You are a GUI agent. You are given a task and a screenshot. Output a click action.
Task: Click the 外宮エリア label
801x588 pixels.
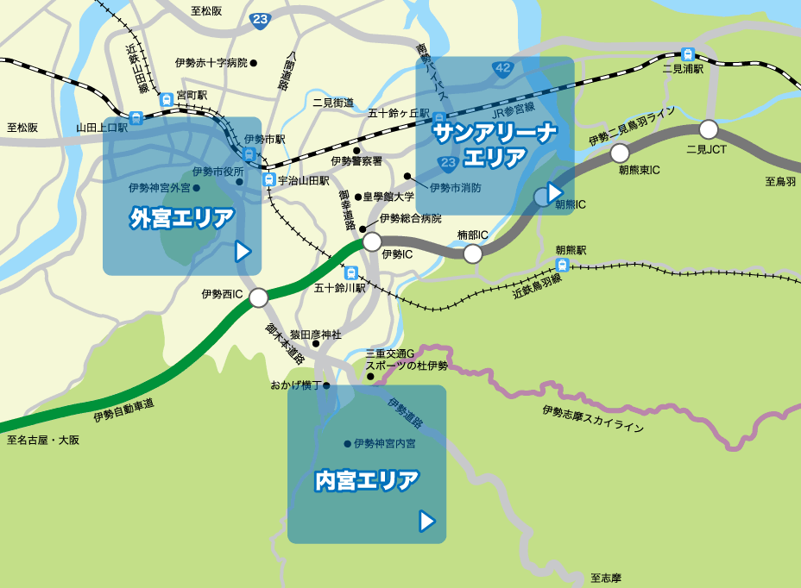click(x=182, y=218)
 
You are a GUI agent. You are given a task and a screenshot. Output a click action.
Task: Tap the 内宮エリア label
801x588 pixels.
click(x=367, y=480)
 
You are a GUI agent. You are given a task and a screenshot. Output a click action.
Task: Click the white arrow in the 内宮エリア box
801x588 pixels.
click(x=426, y=521)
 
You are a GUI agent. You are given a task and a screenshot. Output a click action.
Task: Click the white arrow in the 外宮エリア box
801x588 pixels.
click(x=243, y=251)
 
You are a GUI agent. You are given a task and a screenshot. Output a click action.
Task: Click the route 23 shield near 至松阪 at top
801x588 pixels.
click(x=260, y=20)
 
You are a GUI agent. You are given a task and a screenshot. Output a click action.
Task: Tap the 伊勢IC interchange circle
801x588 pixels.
click(x=372, y=241)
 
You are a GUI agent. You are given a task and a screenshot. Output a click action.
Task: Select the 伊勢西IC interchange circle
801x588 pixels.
click(x=259, y=298)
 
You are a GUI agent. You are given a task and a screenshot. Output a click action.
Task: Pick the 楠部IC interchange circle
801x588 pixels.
click(x=473, y=253)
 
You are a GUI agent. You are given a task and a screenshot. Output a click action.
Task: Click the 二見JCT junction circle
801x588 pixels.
click(x=709, y=130)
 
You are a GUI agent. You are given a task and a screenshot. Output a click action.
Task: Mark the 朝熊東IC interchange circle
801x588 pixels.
click(x=620, y=153)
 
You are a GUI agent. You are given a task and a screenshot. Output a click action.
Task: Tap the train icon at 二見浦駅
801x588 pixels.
click(x=688, y=53)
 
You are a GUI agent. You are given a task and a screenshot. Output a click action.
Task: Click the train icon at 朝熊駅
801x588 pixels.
click(x=563, y=264)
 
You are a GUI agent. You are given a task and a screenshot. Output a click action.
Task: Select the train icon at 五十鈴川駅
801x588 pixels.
click(x=350, y=272)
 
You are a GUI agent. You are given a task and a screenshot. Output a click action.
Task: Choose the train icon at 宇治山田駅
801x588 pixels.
click(x=269, y=180)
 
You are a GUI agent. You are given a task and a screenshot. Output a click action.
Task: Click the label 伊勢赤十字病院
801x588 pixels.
click(x=211, y=63)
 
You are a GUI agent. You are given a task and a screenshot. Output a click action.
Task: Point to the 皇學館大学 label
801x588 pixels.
click(x=388, y=197)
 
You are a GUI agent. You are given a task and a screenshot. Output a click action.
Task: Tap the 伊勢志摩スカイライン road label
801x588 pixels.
click(x=593, y=419)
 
